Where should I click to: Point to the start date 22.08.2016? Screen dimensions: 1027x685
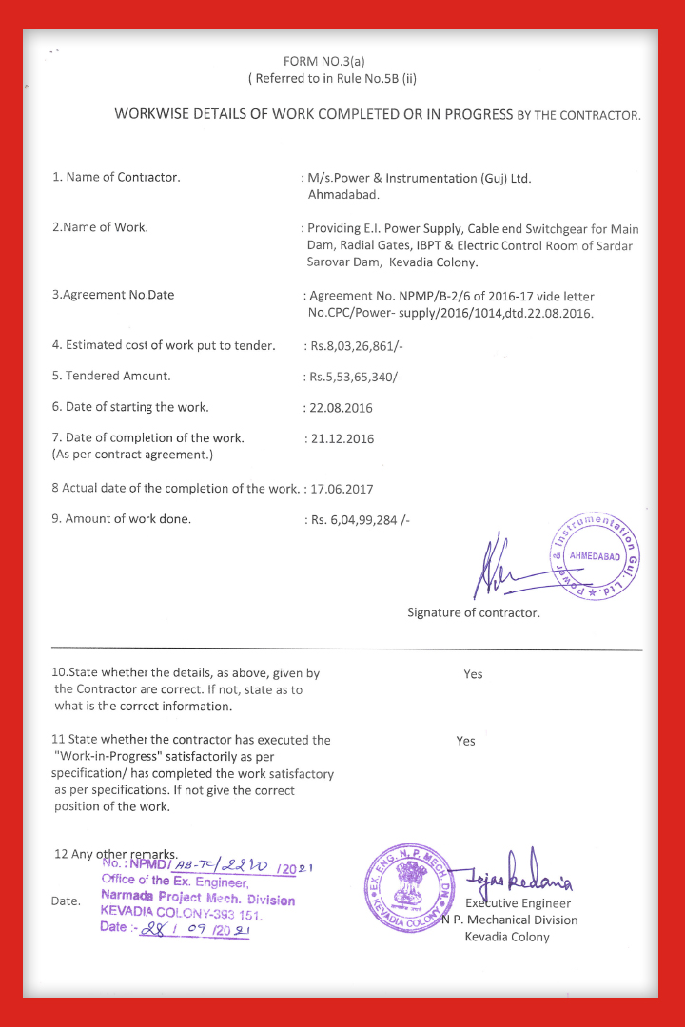(341, 408)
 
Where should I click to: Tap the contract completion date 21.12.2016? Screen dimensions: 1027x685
(342, 438)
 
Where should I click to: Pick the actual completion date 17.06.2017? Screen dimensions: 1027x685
(341, 489)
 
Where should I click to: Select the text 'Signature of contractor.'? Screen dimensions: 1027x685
(473, 612)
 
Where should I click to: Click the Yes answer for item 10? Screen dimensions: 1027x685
(473, 674)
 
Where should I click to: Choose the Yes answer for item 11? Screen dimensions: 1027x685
(465, 741)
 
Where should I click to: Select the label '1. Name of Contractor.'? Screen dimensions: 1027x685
(116, 177)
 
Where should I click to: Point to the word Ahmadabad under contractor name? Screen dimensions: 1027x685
(343, 194)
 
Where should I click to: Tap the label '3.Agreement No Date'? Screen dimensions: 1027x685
(113, 295)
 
